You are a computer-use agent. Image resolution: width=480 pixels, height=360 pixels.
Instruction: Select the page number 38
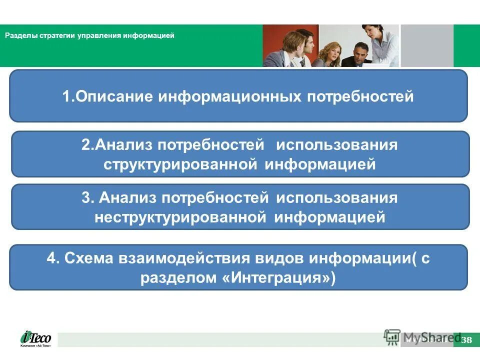466,340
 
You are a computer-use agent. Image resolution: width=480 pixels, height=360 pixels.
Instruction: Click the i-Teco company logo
35,338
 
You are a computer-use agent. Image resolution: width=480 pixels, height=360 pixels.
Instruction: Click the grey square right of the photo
426,45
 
